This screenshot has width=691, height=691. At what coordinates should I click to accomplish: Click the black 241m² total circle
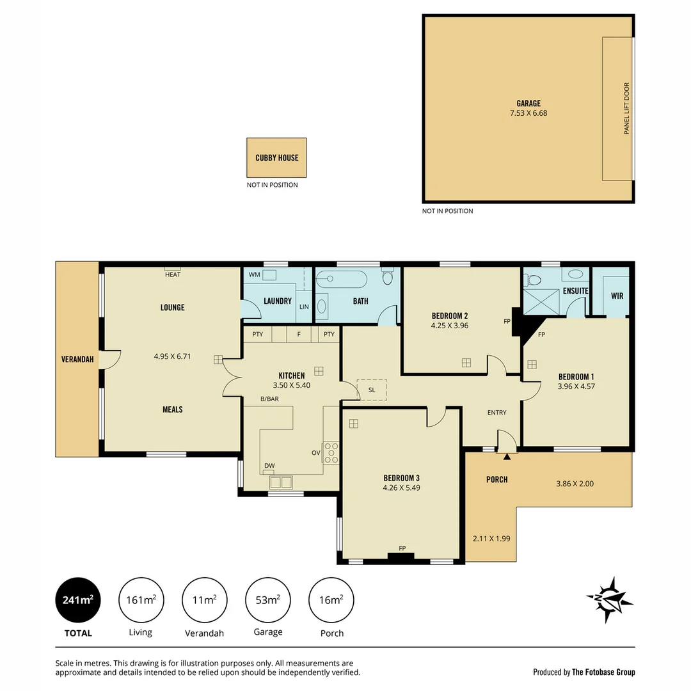click(78, 600)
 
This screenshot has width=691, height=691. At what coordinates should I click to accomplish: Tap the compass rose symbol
click(610, 600)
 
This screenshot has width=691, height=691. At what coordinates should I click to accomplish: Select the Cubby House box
click(276, 157)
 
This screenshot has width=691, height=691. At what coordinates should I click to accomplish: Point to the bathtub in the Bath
click(342, 280)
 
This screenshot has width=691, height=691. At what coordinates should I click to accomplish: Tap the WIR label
click(617, 296)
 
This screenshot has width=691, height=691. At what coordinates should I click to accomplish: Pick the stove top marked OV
click(331, 452)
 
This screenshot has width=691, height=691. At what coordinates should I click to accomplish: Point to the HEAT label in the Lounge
click(173, 274)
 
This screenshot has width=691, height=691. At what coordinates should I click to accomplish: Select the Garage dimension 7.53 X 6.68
click(528, 113)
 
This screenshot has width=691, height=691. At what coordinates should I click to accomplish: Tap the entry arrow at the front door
click(507, 456)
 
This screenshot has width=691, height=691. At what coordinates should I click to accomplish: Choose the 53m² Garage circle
click(268, 600)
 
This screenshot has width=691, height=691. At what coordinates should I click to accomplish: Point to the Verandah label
click(77, 360)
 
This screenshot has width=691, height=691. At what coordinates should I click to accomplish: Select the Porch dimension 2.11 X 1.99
click(491, 539)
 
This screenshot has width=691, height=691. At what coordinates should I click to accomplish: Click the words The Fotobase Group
click(603, 672)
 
